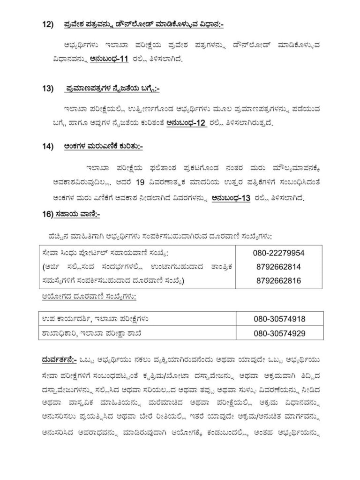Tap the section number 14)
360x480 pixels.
coord(47,146)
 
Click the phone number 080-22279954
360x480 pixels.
coord(278,253)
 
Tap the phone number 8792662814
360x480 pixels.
coord(278,267)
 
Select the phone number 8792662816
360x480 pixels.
coord(278,280)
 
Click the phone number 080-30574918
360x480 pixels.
coord(279,319)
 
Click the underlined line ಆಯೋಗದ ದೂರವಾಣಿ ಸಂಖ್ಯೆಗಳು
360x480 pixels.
coord(86,297)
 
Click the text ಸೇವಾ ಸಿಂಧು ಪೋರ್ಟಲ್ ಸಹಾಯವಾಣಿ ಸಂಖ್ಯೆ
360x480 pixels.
coord(105,254)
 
